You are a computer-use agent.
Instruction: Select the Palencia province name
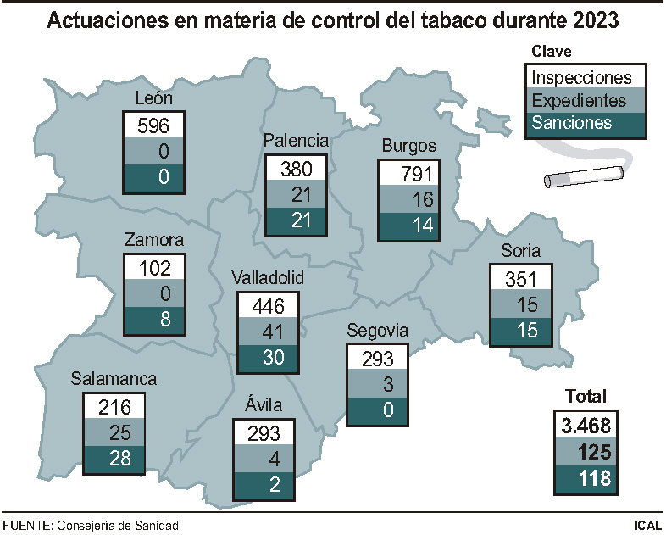tap(296, 140)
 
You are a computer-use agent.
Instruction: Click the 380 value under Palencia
tap(296, 167)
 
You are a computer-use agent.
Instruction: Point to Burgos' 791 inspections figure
tap(410, 175)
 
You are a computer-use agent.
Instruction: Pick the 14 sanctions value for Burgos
tap(410, 226)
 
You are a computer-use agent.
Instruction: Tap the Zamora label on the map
tap(153, 240)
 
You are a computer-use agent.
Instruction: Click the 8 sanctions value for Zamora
tap(153, 320)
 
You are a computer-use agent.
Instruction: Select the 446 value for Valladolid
tap(268, 305)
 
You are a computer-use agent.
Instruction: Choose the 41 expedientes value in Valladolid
tap(268, 331)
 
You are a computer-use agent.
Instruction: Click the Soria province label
tap(521, 251)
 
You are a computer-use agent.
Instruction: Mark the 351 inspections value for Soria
tap(521, 279)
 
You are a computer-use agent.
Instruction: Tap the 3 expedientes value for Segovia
tap(377, 385)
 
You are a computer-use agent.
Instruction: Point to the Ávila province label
tap(264, 404)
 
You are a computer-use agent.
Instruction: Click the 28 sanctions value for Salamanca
tap(114, 459)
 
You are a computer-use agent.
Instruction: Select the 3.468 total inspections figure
tap(585, 424)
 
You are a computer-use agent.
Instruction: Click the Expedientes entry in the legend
tap(578, 101)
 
